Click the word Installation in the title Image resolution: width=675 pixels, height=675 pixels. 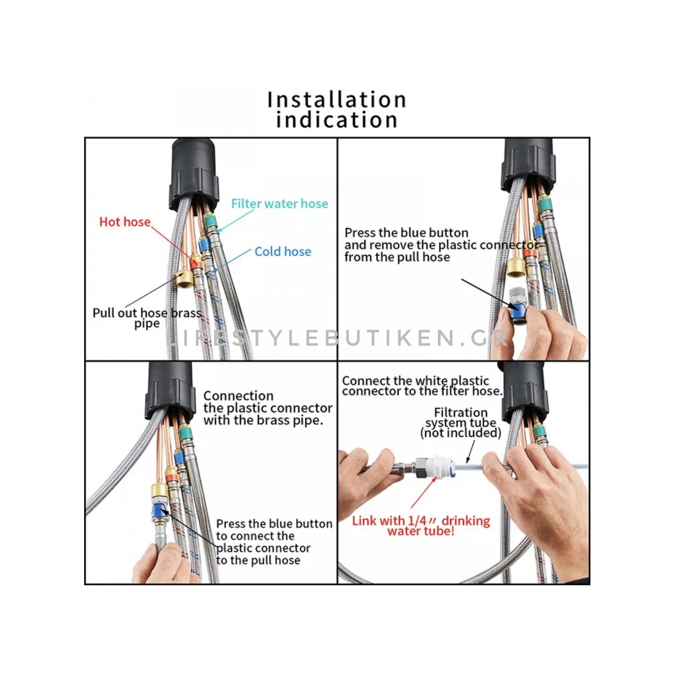coord(337,100)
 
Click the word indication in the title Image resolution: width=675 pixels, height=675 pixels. coord(337,120)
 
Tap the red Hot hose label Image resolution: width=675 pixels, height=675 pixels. coord(125,222)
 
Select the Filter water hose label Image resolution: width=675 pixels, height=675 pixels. coord(279,204)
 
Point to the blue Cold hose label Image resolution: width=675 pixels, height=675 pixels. coord(283,252)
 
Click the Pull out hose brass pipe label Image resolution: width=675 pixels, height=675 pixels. coord(147,318)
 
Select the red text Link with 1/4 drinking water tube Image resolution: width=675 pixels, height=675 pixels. coord(421,526)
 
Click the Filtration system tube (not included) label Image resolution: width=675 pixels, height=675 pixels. coord(461,423)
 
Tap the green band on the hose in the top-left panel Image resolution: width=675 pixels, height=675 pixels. coord(210,221)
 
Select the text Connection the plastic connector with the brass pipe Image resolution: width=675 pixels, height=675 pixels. coord(268,408)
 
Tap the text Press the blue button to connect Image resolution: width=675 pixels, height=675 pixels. coord(274,542)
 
